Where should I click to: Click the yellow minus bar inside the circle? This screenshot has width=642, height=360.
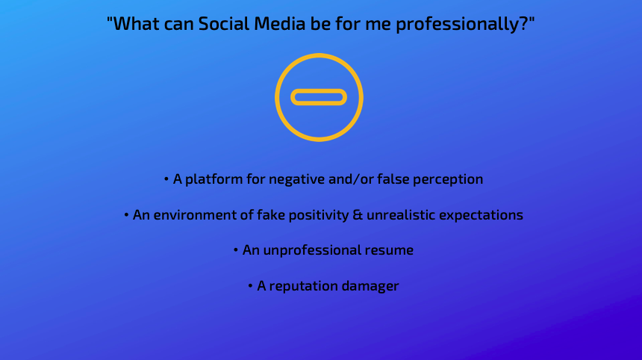pos(319,97)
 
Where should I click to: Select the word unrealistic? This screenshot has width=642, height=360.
pos(401,215)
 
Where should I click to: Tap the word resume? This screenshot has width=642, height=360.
pos(387,250)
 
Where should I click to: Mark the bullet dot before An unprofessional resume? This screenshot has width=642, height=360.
pos(235,250)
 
